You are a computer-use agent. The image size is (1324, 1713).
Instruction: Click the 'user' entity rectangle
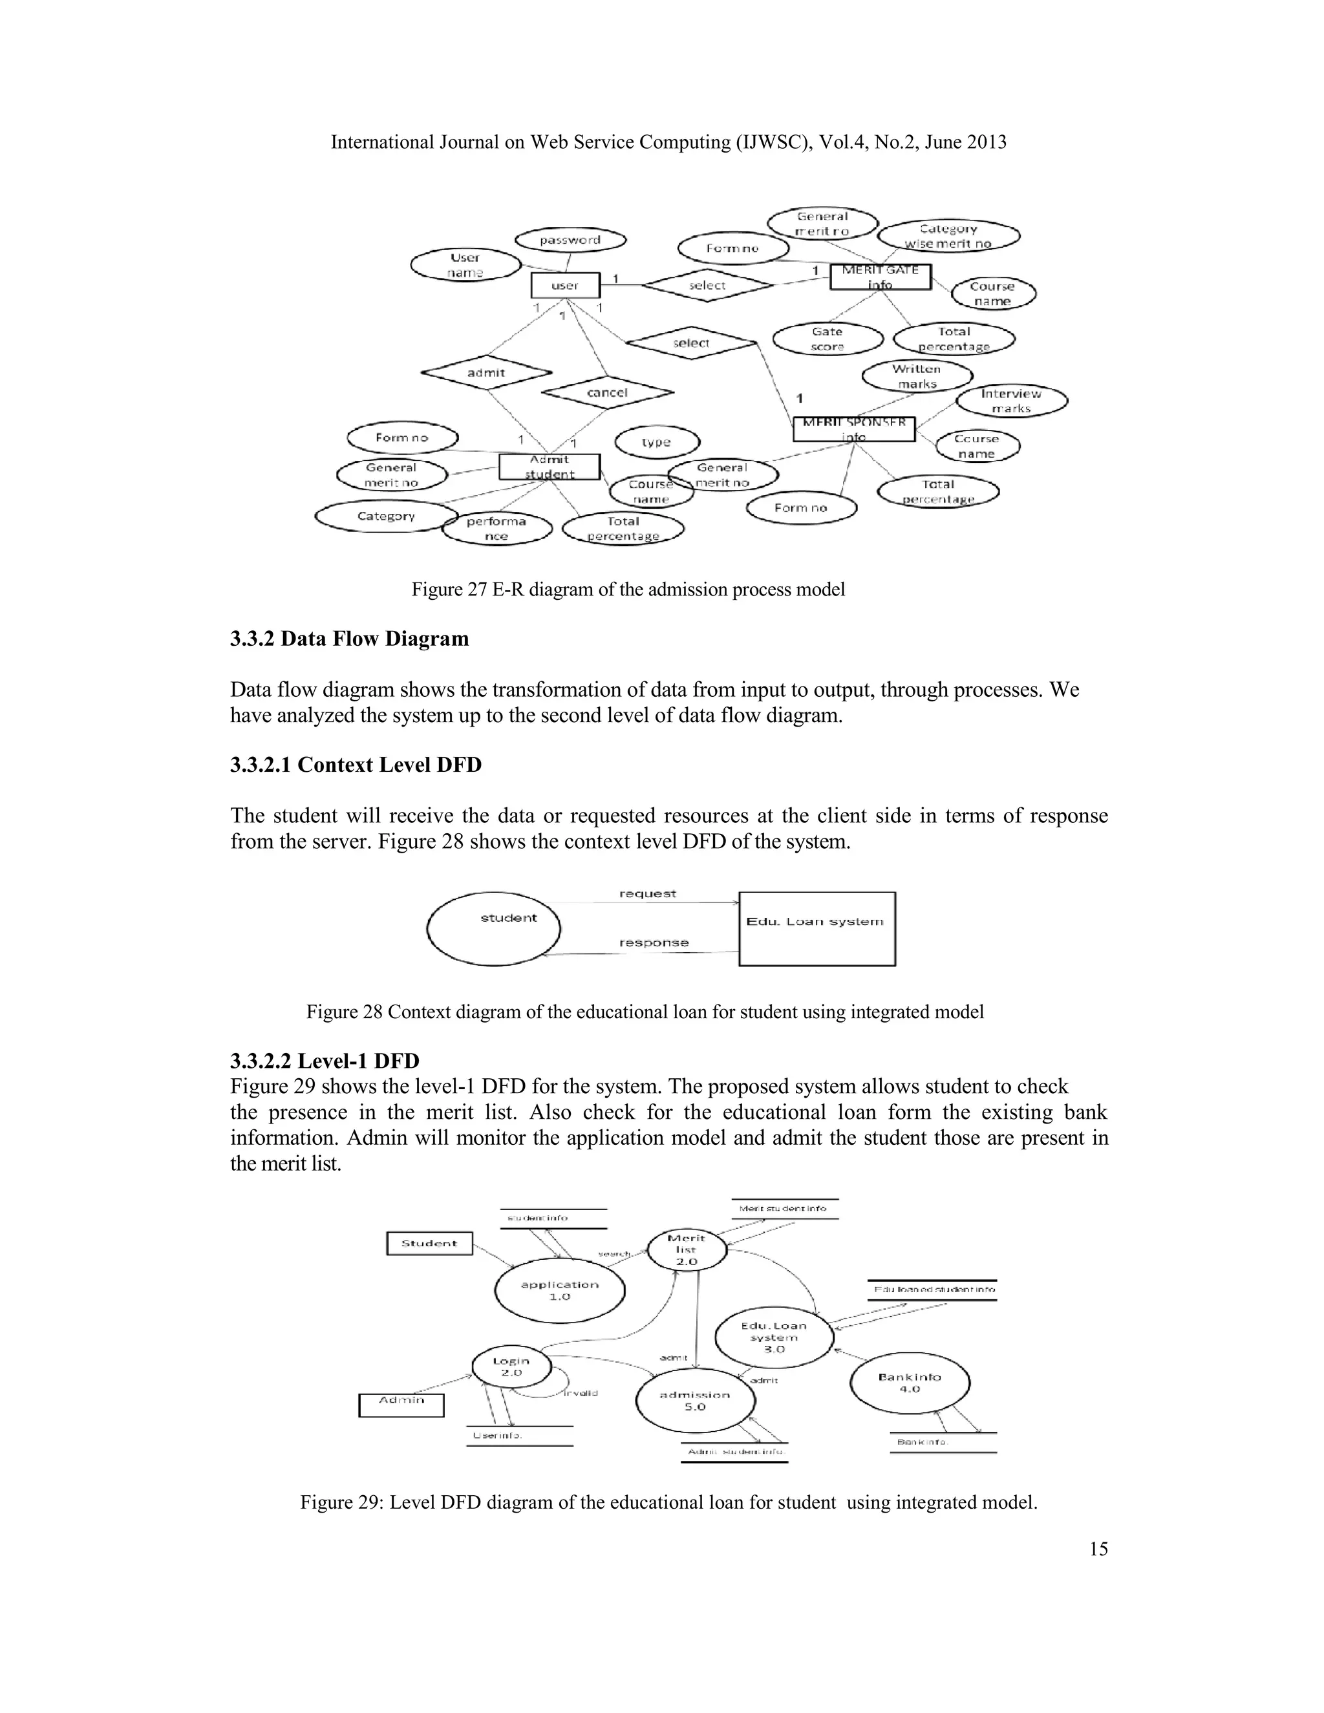565,286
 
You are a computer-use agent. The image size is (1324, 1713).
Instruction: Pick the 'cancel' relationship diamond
607,392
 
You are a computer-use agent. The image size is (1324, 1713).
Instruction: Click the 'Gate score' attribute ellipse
827,339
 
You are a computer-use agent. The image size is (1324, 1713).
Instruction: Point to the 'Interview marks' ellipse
1011,401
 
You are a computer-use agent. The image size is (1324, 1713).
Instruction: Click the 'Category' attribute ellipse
385,516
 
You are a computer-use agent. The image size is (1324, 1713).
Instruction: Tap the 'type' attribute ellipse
657,442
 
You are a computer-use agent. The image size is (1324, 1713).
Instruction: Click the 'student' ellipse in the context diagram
494,929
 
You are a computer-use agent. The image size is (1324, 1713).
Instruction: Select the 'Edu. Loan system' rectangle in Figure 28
816,929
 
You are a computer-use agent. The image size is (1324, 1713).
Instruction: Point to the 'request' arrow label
647,893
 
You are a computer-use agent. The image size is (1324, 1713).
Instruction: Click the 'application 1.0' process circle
559,1290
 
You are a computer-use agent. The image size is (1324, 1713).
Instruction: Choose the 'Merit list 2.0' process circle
687,1250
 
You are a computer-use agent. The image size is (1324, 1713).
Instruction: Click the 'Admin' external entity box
401,1404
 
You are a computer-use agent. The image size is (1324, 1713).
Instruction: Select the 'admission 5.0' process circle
695,1401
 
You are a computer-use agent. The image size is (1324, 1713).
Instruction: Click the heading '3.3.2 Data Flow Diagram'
349,639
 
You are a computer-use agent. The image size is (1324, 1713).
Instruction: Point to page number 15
1098,1548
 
